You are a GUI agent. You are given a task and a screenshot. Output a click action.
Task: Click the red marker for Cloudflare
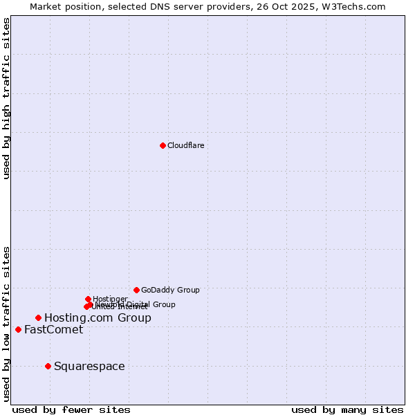(163, 145)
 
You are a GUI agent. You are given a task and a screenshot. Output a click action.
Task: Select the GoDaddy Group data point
(136, 290)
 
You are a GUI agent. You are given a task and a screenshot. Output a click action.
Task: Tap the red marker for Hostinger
(88, 299)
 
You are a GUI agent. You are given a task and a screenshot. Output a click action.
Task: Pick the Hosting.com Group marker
(38, 317)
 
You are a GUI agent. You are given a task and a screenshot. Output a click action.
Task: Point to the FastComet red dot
(18, 329)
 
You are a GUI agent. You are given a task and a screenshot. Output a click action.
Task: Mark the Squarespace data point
(48, 366)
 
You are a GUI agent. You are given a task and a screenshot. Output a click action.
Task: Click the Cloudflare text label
(185, 145)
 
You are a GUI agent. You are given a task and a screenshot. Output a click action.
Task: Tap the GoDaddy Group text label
(170, 290)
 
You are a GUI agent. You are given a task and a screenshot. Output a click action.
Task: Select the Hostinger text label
(110, 299)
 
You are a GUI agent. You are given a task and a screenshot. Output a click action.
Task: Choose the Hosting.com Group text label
(98, 317)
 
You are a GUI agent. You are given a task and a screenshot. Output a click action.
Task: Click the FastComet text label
(53, 329)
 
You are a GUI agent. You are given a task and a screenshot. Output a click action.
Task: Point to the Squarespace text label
(89, 366)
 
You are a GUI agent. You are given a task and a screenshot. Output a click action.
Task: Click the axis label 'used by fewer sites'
(71, 409)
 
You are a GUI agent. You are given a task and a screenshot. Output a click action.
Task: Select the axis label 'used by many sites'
(347, 409)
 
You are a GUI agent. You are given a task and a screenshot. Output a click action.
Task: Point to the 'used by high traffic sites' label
(6, 98)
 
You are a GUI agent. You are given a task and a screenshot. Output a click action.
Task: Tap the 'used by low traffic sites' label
(6, 324)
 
